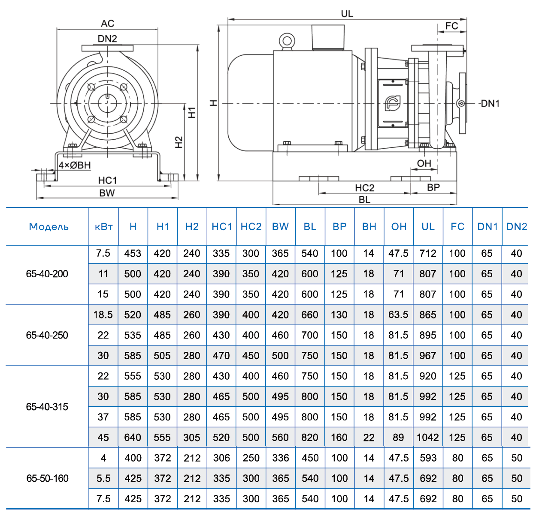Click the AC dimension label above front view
pyautogui.click(x=107, y=23)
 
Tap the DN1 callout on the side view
pyautogui.click(x=490, y=103)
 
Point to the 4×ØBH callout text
pyautogui.click(x=75, y=165)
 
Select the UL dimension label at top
pyautogui.click(x=347, y=14)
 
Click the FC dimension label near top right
pyautogui.click(x=451, y=26)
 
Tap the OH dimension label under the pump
pyautogui.click(x=424, y=163)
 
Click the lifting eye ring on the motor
pyautogui.click(x=287, y=42)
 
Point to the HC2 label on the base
pyautogui.click(x=364, y=188)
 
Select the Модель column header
pyautogui.click(x=48, y=227)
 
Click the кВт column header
pyautogui.click(x=103, y=227)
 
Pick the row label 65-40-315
pyautogui.click(x=47, y=407)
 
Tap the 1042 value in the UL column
pyautogui.click(x=428, y=438)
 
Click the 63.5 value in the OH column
pyautogui.click(x=398, y=315)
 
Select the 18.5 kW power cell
pyautogui.click(x=103, y=315)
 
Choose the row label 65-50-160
pyautogui.click(x=47, y=478)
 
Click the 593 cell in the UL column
pyautogui.click(x=428, y=458)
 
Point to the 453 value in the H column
pyautogui.click(x=133, y=253)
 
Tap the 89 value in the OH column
pyautogui.click(x=398, y=438)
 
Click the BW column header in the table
pyautogui.click(x=280, y=227)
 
